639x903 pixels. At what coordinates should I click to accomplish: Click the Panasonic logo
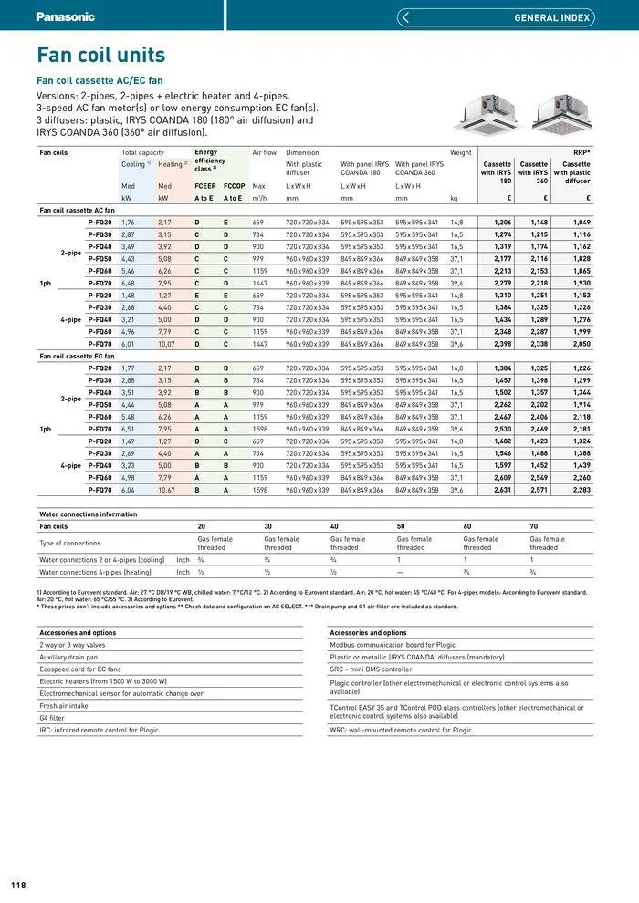tap(65, 16)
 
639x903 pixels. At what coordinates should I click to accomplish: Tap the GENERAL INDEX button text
tap(551, 17)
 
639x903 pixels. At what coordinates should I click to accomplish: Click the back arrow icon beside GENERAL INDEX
tap(405, 17)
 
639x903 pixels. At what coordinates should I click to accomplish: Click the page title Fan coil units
tap(100, 55)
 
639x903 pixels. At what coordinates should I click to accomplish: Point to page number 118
tap(18, 885)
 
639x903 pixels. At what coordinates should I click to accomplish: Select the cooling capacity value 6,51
tap(128, 429)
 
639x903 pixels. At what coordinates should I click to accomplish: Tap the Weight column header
tap(461, 152)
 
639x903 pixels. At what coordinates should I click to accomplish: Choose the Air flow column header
tap(264, 152)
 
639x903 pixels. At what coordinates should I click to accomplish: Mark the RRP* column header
tap(581, 152)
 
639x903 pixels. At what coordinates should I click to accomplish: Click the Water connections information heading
tap(88, 514)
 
